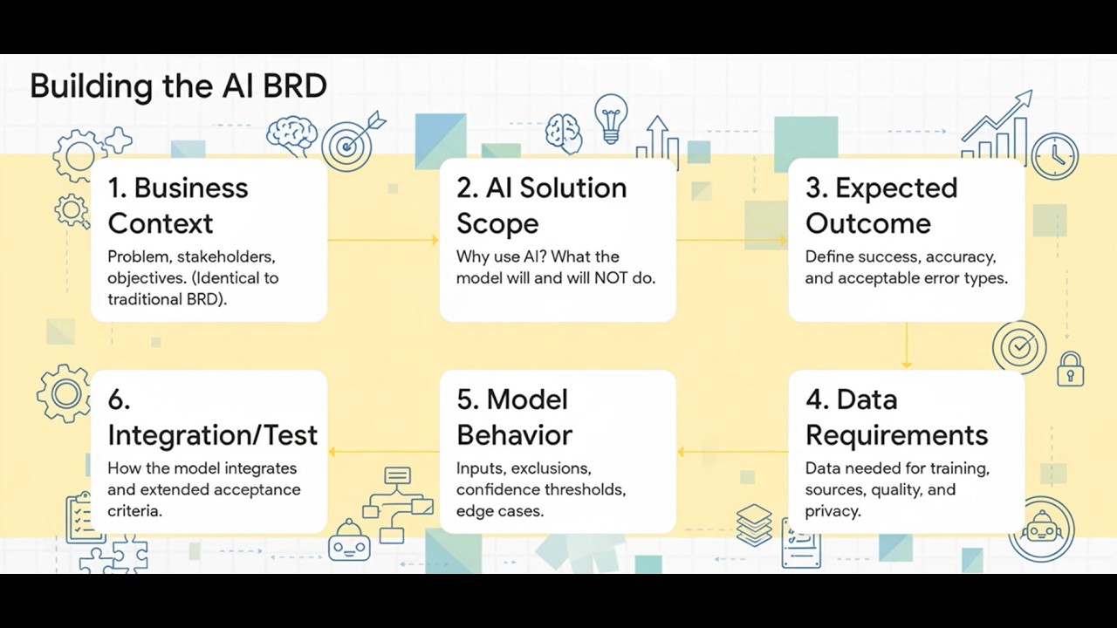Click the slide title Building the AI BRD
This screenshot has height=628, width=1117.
tap(178, 86)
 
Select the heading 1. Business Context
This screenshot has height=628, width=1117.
tap(178, 205)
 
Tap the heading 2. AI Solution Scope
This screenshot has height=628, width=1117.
tap(541, 205)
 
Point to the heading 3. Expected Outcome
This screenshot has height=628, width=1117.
tap(881, 205)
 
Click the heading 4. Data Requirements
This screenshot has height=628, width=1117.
tap(896, 417)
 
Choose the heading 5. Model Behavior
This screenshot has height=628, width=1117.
tap(515, 417)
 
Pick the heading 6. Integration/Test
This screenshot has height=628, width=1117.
tap(212, 417)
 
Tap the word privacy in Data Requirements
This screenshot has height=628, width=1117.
tap(833, 511)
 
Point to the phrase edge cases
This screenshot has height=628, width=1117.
tap(499, 511)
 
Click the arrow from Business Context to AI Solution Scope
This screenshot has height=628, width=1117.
tap(383, 240)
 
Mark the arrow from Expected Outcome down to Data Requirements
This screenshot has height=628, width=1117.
tap(907, 345)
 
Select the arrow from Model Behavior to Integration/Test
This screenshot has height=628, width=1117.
tap(383, 452)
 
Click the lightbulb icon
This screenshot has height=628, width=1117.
tap(611, 119)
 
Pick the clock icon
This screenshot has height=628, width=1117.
tap(1055, 156)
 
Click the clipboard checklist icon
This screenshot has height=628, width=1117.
tap(81, 516)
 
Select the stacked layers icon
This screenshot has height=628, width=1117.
tap(754, 524)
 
